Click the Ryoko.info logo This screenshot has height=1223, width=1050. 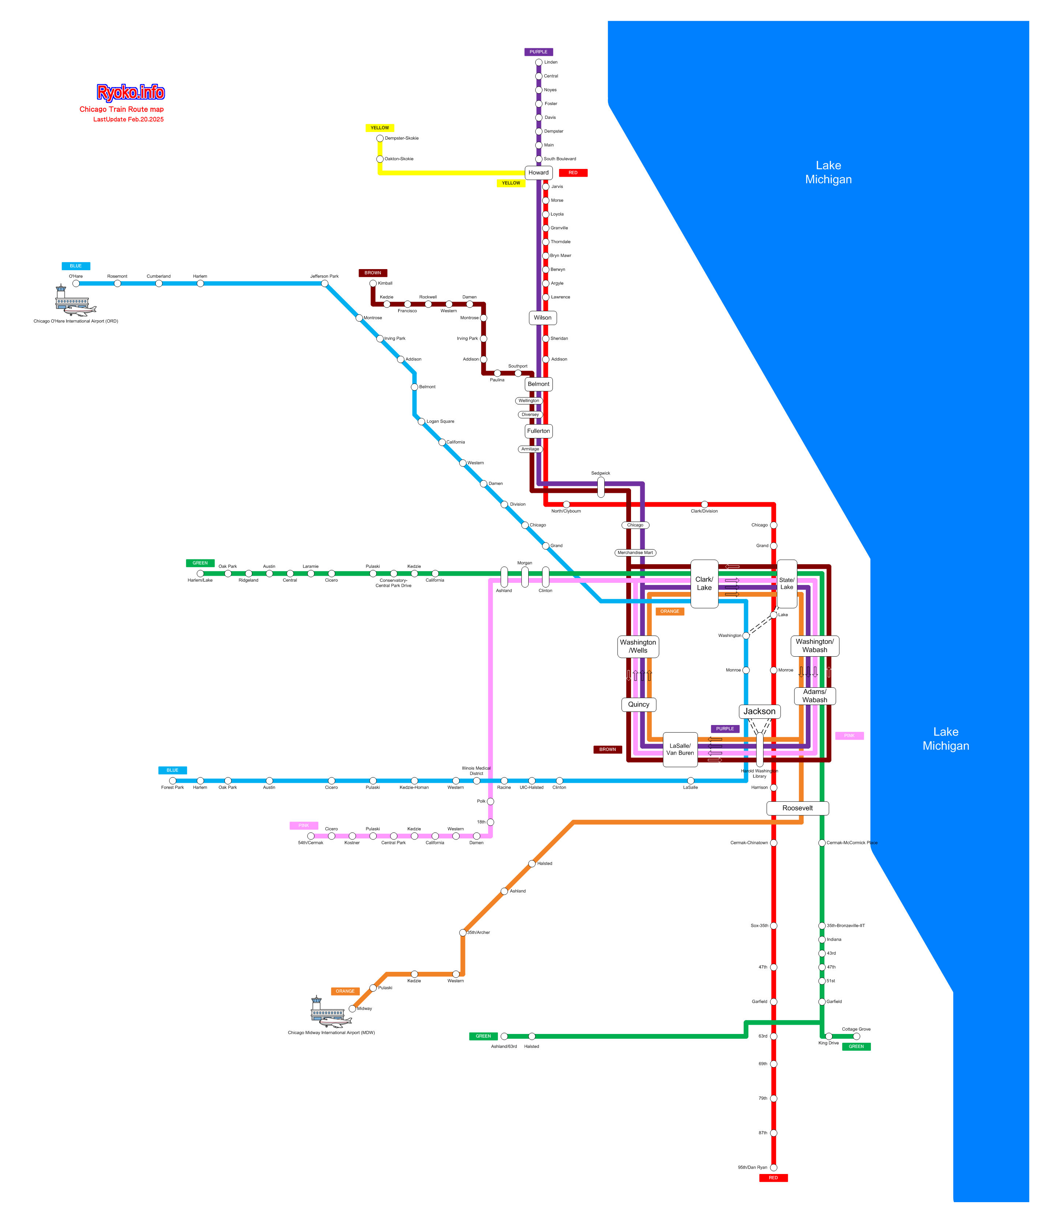(131, 92)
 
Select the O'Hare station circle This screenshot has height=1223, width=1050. (76, 283)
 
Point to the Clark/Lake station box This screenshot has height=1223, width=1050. (704, 584)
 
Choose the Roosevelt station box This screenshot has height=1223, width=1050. (797, 808)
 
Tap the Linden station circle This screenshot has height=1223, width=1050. (538, 63)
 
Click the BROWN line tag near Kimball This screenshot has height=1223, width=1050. (373, 273)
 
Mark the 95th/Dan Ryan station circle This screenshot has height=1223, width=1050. (773, 1167)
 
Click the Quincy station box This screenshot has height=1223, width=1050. (639, 704)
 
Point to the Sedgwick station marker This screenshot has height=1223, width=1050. (601, 487)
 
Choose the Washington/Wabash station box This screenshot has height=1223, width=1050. (815, 646)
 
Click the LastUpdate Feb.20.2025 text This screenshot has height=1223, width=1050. (128, 119)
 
